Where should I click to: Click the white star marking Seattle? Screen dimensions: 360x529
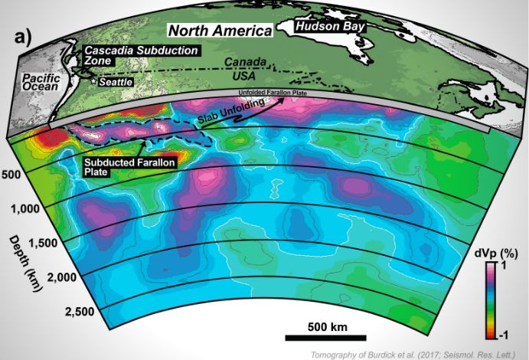click(95, 80)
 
